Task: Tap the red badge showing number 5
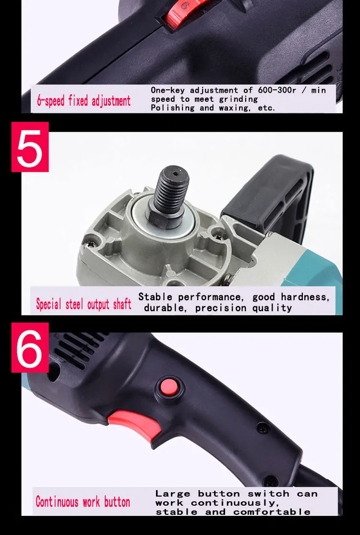point(30,146)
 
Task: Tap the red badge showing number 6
point(30,347)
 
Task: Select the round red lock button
point(169,388)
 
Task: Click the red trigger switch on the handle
point(136,423)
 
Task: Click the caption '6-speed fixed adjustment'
point(84,101)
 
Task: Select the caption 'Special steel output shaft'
point(84,304)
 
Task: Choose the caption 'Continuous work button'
point(83,502)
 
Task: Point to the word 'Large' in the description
point(172,493)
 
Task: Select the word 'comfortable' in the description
point(272,512)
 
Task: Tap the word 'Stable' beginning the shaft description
point(155,297)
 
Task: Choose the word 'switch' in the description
point(268,493)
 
